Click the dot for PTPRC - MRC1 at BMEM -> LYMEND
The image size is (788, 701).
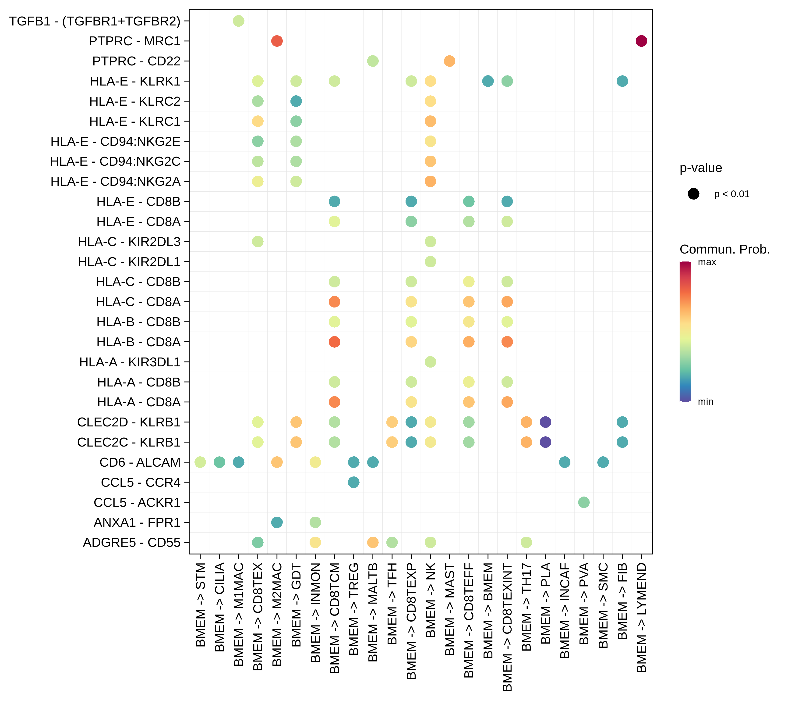tap(641, 41)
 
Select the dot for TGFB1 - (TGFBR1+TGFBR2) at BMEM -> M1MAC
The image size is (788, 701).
tap(239, 21)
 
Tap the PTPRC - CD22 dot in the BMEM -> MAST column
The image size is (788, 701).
tap(449, 61)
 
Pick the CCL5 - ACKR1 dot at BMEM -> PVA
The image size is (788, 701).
tap(584, 502)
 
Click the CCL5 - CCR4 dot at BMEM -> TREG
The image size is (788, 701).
tap(353, 482)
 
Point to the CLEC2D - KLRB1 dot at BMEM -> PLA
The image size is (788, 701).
tap(545, 422)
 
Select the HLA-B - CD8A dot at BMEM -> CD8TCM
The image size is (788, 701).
tap(335, 342)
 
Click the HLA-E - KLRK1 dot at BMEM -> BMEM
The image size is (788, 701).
tap(488, 81)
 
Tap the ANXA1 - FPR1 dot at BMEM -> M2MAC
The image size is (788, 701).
tap(277, 522)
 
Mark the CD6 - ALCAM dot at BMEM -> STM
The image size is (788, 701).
tap(200, 462)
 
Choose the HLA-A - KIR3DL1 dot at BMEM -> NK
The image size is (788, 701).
tap(430, 362)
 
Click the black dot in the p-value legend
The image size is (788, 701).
tap(693, 194)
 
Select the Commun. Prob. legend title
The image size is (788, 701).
tap(724, 249)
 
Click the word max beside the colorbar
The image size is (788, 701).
tap(707, 262)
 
